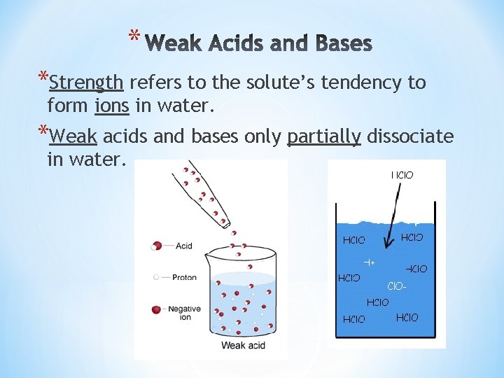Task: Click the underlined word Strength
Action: (x=87, y=83)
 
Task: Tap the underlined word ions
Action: (x=110, y=106)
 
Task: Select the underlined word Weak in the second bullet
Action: (x=73, y=136)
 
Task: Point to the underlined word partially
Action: (x=323, y=136)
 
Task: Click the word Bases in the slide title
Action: (x=339, y=44)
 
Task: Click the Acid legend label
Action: (x=184, y=246)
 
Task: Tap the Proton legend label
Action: (x=184, y=277)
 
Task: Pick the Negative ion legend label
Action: (x=185, y=313)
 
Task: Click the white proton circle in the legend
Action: (x=157, y=277)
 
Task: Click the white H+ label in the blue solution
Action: (x=370, y=262)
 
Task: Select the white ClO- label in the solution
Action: (x=396, y=286)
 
